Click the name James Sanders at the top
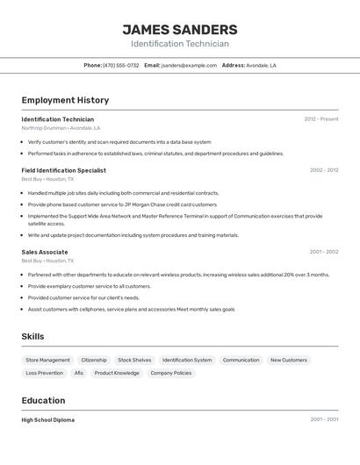[x=179, y=30]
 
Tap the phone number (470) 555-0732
[x=121, y=65]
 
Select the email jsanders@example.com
[x=189, y=65]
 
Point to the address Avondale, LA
[x=261, y=65]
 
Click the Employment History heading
[x=65, y=100]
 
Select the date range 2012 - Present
[x=320, y=119]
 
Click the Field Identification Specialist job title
[x=63, y=170]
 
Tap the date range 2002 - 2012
[x=324, y=170]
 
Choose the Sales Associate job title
[x=44, y=252]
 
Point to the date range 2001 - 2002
[x=324, y=252]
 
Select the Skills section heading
[x=32, y=337]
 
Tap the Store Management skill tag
[x=47, y=360]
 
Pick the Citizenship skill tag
[x=94, y=360]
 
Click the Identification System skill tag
[x=187, y=360]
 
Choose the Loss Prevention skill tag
[x=44, y=373]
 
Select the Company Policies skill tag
[x=170, y=373]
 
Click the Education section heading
[x=43, y=400]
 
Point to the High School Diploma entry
[x=47, y=420]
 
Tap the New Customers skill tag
[x=288, y=360]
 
